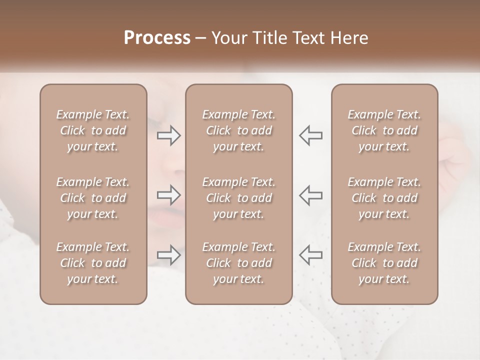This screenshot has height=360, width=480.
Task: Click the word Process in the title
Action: point(157,38)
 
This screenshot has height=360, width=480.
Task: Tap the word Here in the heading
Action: point(349,38)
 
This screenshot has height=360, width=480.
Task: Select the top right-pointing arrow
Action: point(169,135)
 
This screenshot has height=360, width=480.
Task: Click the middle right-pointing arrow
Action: point(169,194)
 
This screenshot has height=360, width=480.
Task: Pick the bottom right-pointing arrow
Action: point(169,255)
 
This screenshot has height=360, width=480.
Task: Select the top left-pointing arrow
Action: point(311,135)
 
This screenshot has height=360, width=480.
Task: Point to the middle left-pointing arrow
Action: point(311,194)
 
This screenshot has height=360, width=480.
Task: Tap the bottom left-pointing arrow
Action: point(311,255)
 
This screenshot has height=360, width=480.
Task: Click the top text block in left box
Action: point(93,130)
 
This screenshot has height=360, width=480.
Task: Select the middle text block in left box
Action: point(93,198)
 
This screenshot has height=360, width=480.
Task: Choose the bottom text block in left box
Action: point(93,263)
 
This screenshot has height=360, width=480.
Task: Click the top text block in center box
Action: point(239,130)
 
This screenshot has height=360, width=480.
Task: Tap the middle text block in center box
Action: point(239,198)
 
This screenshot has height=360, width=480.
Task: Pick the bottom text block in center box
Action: point(239,263)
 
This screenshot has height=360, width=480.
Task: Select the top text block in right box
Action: point(384,130)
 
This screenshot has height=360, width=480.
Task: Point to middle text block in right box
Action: point(384,198)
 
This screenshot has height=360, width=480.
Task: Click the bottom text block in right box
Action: point(384,263)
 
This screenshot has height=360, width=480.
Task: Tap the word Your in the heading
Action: point(229,38)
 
